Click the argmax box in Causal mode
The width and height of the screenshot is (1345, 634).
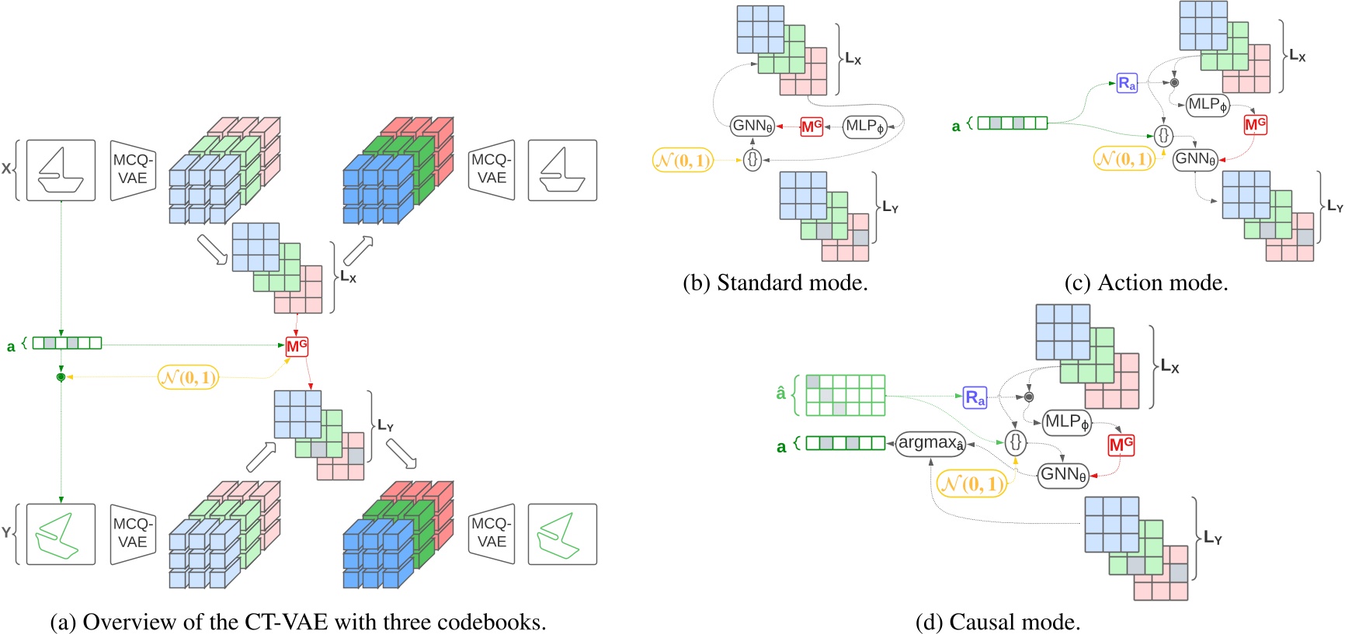[930, 443]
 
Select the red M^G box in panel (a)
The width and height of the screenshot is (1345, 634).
[297, 346]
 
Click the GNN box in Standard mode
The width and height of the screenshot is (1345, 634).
[752, 126]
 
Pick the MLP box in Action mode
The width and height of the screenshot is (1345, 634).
[1208, 105]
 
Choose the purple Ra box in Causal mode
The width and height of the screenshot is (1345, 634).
[975, 398]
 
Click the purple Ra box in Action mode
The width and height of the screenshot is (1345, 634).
[1127, 83]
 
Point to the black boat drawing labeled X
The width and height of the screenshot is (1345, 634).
[61, 171]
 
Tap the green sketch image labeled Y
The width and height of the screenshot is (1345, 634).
[61, 534]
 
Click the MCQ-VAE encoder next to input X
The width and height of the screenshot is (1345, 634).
[133, 170]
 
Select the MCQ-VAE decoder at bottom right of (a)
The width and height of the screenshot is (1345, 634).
[492, 533]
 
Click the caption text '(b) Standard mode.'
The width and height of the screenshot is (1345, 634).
[775, 283]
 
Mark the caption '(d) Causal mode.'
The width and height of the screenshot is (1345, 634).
[998, 622]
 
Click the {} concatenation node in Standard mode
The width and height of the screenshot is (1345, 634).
[752, 160]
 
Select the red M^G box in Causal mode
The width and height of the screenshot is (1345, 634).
[1121, 445]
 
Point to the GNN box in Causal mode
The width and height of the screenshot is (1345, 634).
[1063, 475]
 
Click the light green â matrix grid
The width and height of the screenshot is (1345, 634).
[846, 395]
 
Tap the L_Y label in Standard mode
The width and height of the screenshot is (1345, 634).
[890, 207]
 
